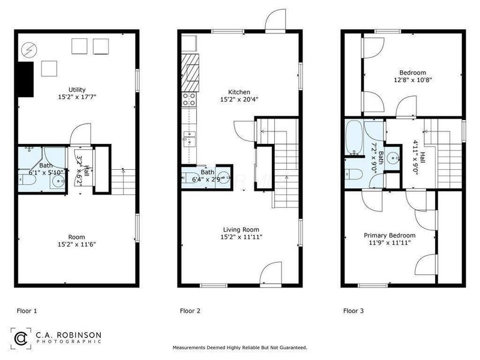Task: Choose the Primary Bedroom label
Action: point(389,235)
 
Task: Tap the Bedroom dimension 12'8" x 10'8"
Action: point(413,79)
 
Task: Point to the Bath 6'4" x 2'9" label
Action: point(207,175)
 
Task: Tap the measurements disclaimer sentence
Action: point(240,347)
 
